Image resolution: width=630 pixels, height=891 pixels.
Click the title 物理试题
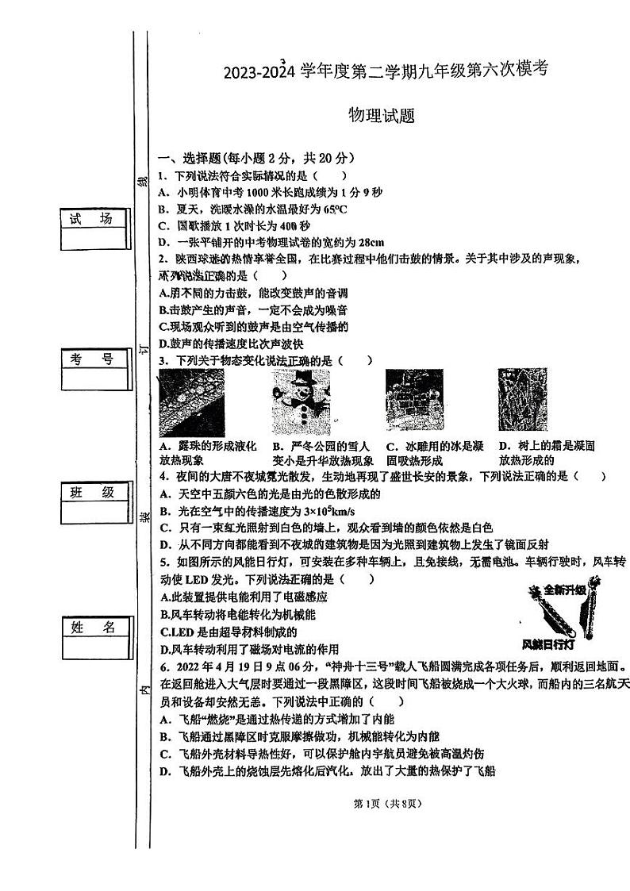click(382, 116)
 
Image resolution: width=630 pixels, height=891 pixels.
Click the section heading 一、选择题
click(190, 158)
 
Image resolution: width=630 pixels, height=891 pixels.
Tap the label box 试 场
click(92, 220)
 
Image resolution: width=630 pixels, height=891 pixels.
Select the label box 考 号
click(92, 359)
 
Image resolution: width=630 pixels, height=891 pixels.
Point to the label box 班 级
click(92, 493)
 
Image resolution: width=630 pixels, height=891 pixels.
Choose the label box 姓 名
click(92, 628)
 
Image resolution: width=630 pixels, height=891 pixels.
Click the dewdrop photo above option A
click(191, 402)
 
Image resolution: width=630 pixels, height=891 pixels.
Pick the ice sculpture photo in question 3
click(413, 402)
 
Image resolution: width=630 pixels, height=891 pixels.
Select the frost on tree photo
click(522, 402)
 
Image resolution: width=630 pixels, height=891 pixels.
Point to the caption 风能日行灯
click(544, 643)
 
